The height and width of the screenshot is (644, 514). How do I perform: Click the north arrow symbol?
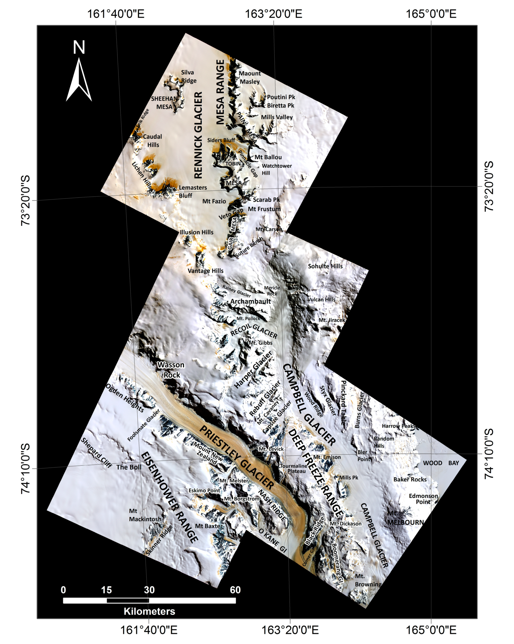point(79,80)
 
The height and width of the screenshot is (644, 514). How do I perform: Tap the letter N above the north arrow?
point(79,48)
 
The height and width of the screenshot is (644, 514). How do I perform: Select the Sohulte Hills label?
point(325,266)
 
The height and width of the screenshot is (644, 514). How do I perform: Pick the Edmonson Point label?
point(423,499)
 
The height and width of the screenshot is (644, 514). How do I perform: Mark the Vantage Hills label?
point(206,271)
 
